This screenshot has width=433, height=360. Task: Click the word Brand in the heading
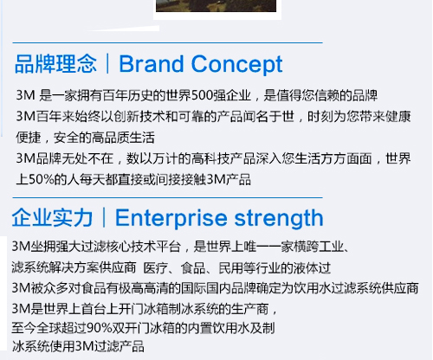coord(152,64)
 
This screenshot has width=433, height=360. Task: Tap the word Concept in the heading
coord(236,65)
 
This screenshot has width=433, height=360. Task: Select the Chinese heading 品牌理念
coord(55,64)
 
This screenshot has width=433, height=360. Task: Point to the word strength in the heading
coord(279,218)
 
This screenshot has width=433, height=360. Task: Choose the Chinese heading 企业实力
coord(52,218)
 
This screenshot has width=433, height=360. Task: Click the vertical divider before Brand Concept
coord(107,63)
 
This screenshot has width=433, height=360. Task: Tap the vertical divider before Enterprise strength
coord(104,217)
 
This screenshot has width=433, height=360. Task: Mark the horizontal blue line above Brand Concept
coord(167,42)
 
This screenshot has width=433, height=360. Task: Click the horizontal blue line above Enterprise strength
coord(167,198)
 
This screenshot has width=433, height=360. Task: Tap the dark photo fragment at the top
coord(216,6)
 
